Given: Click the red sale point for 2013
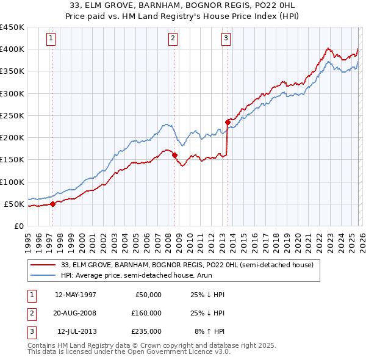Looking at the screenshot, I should pos(228,122).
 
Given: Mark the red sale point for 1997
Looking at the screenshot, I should pos(52,204).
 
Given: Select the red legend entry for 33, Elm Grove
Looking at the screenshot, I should pos(187,265).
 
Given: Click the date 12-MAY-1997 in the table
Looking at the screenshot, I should pos(76,295).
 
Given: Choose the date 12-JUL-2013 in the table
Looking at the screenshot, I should pos(76,331).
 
